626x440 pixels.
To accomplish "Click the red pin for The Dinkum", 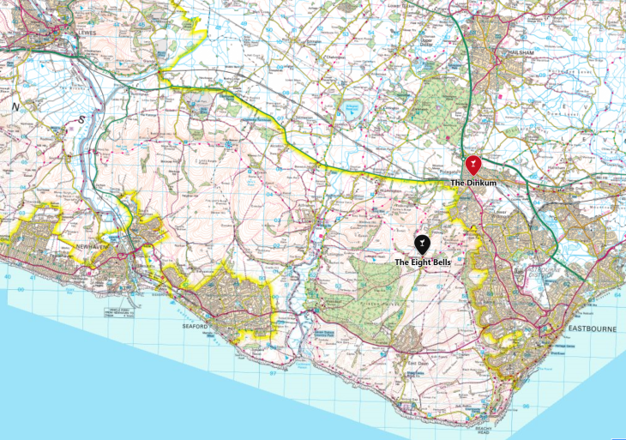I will [x=471, y=164].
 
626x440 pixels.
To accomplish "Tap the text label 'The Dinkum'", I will [x=470, y=183].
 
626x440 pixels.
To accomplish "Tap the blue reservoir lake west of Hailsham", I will [x=351, y=109].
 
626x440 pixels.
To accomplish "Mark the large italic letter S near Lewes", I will [x=81, y=120].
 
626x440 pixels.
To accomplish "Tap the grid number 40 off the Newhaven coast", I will [x=8, y=276].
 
